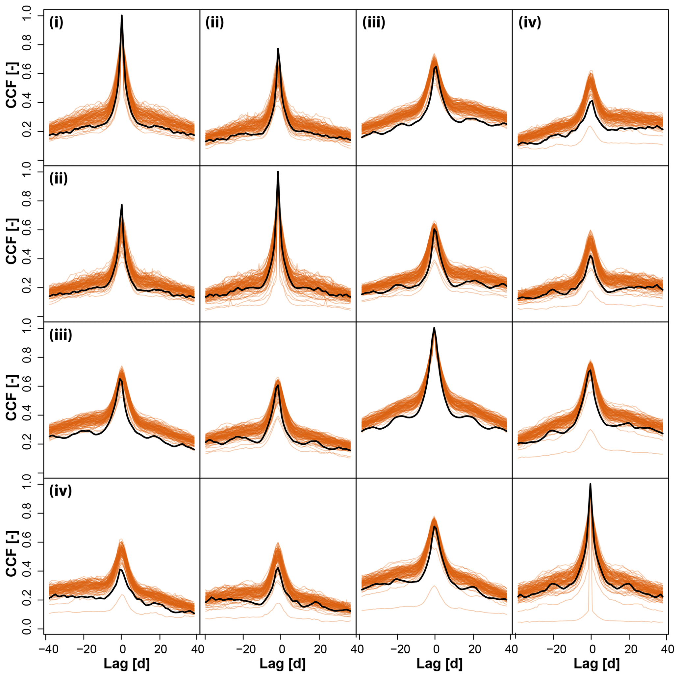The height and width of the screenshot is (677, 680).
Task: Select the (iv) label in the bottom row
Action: tap(61, 490)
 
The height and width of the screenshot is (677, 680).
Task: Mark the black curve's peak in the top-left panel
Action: tap(122, 15)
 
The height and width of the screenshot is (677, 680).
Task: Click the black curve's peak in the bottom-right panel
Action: tap(590, 484)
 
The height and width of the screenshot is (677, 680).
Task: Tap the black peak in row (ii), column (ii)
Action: tap(278, 172)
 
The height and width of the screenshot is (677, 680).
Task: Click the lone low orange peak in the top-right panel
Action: tap(590, 126)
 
